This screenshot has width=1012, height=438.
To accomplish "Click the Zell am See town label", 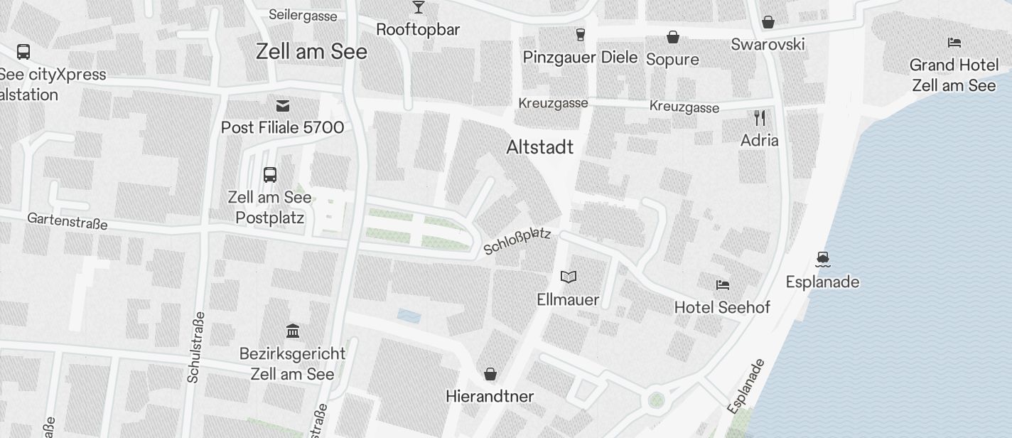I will click(311, 51).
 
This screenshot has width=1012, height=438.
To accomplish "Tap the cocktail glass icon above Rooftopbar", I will click(418, 7).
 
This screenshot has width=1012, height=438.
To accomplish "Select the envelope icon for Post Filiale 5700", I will click(283, 106).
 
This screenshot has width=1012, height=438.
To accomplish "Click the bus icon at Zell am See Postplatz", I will click(270, 174).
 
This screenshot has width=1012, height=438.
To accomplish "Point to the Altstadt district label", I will click(539, 147).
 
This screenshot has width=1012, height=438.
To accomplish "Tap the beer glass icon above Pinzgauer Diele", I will click(580, 35).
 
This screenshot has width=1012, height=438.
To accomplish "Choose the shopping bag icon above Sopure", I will click(672, 36).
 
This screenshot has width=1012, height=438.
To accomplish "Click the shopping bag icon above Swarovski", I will click(768, 22).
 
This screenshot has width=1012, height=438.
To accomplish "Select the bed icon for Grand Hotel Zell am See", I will click(954, 43).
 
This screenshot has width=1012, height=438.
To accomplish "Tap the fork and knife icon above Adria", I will click(760, 117).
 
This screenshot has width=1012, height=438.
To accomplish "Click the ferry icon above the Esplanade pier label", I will click(823, 259).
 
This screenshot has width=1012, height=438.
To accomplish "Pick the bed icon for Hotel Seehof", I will click(722, 285).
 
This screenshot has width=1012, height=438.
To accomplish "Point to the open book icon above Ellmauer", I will click(568, 277).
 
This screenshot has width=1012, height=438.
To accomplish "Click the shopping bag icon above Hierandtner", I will click(490, 373).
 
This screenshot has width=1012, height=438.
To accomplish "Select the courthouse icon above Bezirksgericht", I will click(292, 331).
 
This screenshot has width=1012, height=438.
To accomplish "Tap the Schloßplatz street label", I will click(517, 241).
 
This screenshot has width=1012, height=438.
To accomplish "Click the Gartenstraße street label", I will click(68, 220).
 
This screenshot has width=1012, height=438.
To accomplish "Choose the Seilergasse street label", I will click(303, 15).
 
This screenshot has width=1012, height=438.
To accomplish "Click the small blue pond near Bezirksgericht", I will click(409, 316).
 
